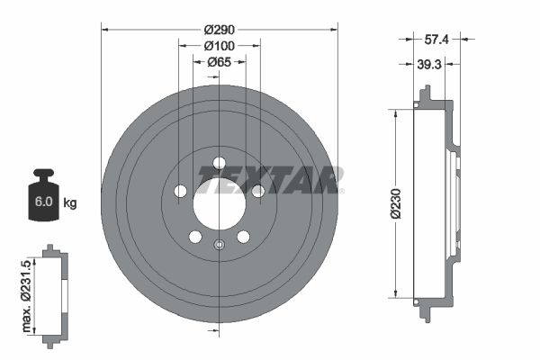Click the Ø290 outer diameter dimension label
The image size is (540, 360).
pyautogui.click(x=219, y=29)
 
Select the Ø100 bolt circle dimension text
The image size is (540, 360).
pyautogui.click(x=219, y=45)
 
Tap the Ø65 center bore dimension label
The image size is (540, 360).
pyautogui.click(x=219, y=62)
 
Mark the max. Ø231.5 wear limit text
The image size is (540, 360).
pyautogui.click(x=28, y=292)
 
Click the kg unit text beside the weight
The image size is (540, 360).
pyautogui.click(x=70, y=203)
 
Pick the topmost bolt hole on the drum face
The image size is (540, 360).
pyautogui.click(x=219, y=163)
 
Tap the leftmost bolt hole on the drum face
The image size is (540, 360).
pyautogui.click(x=179, y=192)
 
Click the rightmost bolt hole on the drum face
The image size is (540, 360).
pyautogui.click(x=258, y=192)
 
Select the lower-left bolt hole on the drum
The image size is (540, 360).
pyautogui.click(x=194, y=238)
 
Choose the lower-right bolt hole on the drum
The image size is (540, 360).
pyautogui.click(x=243, y=238)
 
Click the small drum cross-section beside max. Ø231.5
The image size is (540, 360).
pyautogui.click(x=55, y=292)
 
